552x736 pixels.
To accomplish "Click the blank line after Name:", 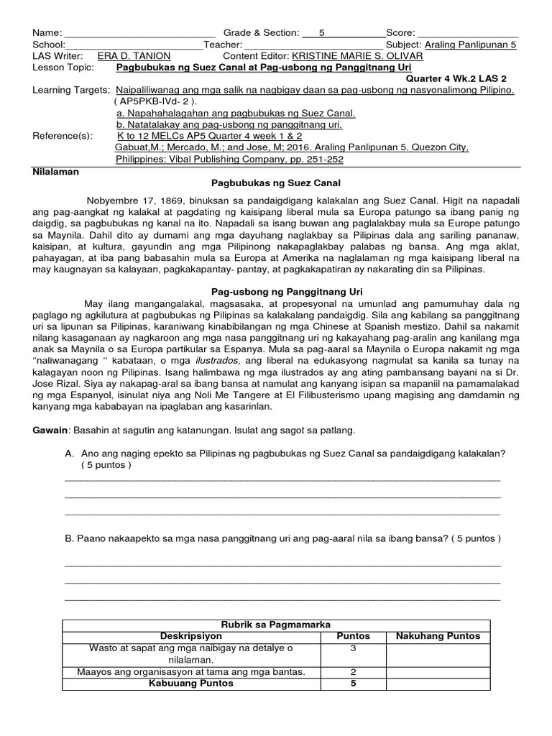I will (140, 34).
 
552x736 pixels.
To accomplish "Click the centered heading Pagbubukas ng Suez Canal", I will (275, 184).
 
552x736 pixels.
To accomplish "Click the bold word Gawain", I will (49, 430).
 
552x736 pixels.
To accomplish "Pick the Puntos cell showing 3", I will (353, 648).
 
